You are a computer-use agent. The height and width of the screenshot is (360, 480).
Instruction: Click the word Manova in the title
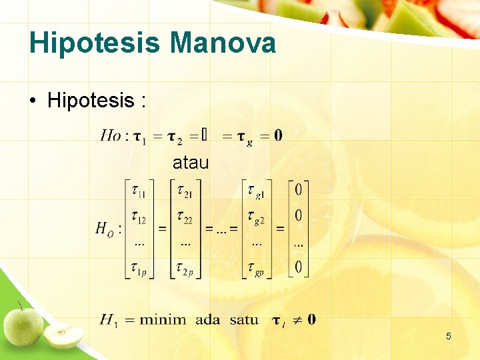pos(223,44)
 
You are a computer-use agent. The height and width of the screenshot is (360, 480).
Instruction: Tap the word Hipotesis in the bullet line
pos(91,101)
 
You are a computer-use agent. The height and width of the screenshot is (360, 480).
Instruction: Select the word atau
pos(191,162)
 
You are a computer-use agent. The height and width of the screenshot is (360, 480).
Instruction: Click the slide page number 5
pos(448,336)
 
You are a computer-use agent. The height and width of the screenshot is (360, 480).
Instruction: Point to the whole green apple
pos(23,325)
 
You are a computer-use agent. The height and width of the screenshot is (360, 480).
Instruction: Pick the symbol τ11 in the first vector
pos(139,194)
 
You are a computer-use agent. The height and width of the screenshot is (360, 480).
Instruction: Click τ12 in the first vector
pos(139,218)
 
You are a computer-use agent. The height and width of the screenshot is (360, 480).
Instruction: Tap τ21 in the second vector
pos(185,194)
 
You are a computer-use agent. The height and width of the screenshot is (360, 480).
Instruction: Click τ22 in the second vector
pos(185,218)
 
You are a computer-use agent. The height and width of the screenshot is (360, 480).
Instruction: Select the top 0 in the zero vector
pos(298,191)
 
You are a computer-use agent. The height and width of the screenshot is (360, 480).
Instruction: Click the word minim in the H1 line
pos(163,319)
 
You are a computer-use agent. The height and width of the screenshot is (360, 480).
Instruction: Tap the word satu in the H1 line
pos(244,319)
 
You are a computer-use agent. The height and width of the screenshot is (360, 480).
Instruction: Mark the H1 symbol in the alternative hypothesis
pos(109,320)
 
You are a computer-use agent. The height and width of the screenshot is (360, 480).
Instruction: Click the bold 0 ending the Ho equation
pos(277,135)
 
